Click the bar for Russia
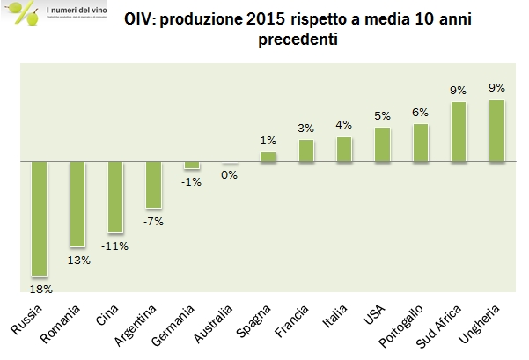[39, 219]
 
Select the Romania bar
[77, 204]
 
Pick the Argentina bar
[153, 185]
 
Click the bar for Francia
[306, 151]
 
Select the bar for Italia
[344, 150]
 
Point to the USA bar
[382, 145]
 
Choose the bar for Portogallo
[421, 143]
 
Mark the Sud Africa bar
[459, 132]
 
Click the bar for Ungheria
[496, 131]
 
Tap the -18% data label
[40, 288]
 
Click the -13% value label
[77, 259]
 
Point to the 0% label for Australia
[230, 174]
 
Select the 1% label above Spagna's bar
[268, 141]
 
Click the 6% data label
[421, 112]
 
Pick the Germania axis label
[177, 323]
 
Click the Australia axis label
[214, 324]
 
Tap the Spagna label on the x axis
[256, 321]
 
